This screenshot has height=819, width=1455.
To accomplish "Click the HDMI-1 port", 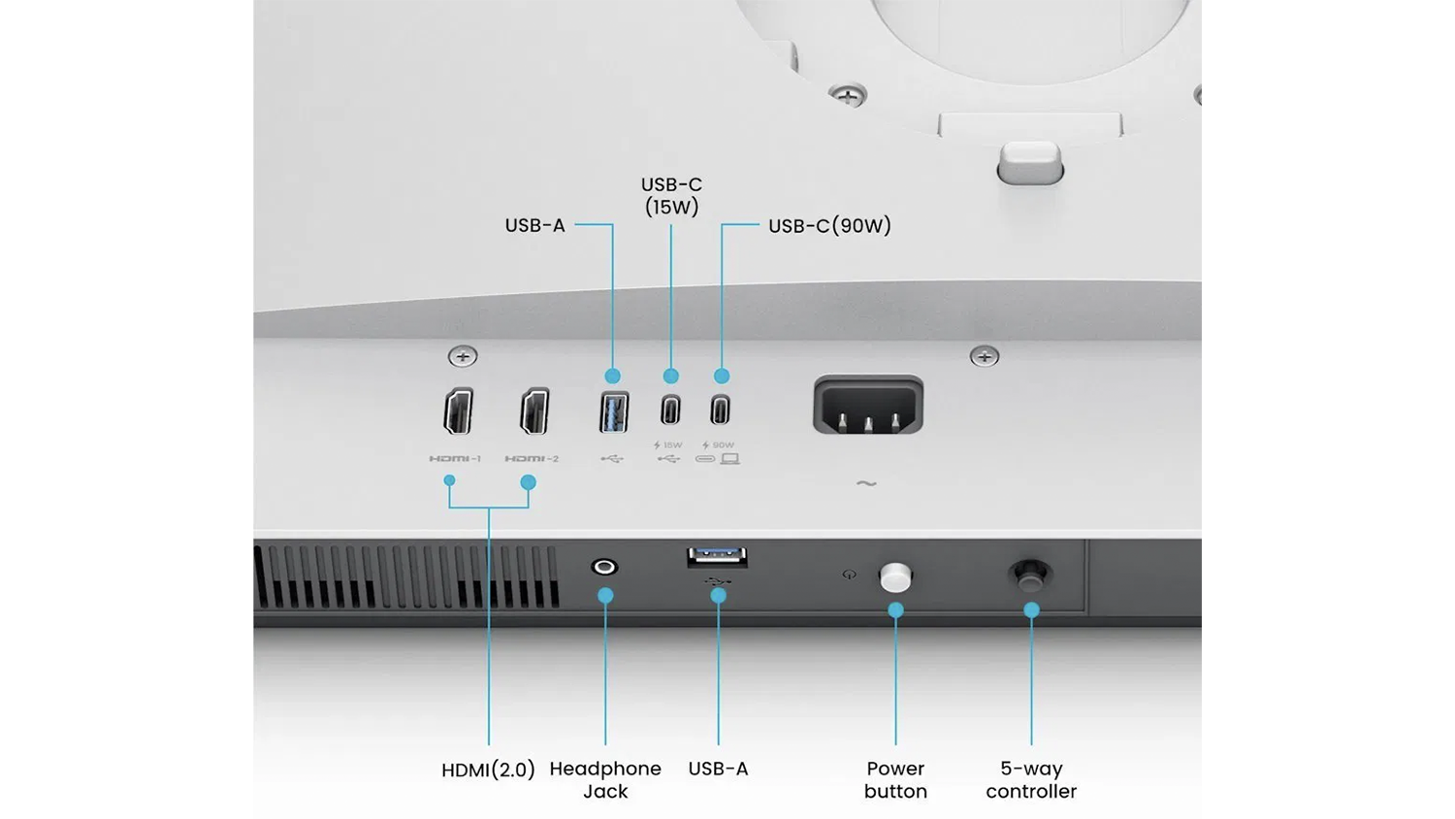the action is [458, 410].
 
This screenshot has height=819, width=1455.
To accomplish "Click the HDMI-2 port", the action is [534, 410].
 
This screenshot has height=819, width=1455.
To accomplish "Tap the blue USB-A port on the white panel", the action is [614, 412].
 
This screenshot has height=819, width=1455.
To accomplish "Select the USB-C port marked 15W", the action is [670, 410].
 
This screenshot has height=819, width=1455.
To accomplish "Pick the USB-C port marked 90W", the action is [720, 409].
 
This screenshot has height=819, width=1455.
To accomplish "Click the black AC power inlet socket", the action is [868, 405].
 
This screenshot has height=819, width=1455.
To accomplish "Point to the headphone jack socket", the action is [604, 567].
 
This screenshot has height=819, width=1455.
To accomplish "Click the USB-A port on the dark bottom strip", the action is [717, 556].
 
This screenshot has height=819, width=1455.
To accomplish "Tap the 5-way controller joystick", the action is [1030, 574].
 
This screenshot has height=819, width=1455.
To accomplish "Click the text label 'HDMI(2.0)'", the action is [489, 770].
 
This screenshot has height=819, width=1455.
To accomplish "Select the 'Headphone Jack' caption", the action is [605, 780].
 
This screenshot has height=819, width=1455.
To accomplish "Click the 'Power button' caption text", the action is [895, 780].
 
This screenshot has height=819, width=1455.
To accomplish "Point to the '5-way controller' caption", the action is [1031, 780].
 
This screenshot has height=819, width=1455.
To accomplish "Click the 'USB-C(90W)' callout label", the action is [829, 225].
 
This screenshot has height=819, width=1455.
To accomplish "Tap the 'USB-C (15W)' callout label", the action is [671, 196].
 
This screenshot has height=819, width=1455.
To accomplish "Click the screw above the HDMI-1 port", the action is [463, 356].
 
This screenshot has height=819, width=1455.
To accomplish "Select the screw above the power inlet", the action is [985, 356].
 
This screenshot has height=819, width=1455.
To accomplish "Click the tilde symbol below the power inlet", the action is [866, 483].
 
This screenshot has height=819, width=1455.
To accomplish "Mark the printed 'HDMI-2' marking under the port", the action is [532, 459].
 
